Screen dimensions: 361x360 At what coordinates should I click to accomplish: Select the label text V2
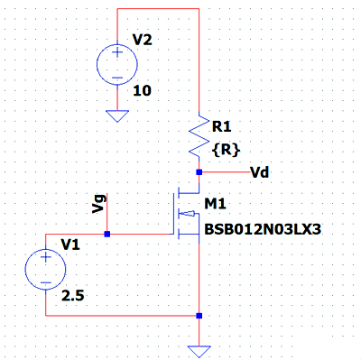click(143, 40)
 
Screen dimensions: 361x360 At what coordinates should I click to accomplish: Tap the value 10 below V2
click(142, 90)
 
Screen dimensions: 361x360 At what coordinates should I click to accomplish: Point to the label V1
click(70, 245)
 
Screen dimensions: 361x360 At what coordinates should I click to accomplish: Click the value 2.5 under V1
click(73, 296)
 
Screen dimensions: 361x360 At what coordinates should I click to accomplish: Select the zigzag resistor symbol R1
click(199, 134)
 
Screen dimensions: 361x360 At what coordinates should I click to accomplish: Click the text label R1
click(222, 126)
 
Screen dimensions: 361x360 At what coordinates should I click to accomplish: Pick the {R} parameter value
click(227, 150)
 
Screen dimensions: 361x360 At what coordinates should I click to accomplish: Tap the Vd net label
click(260, 172)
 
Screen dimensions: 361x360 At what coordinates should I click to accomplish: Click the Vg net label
click(99, 204)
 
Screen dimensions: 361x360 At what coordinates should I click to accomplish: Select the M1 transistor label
click(215, 204)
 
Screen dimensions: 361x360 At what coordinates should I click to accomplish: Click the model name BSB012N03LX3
click(263, 229)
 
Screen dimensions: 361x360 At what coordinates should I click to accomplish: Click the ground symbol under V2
click(117, 116)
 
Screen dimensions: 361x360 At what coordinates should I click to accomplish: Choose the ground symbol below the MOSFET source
click(199, 352)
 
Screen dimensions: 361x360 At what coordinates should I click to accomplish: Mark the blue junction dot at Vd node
click(199, 172)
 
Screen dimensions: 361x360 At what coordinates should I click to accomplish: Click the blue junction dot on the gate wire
click(106, 234)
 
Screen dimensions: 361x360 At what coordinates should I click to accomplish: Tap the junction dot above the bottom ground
click(199, 316)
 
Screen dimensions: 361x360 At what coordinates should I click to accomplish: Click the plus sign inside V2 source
click(117, 52)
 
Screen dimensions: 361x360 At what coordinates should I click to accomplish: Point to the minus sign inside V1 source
click(46, 282)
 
